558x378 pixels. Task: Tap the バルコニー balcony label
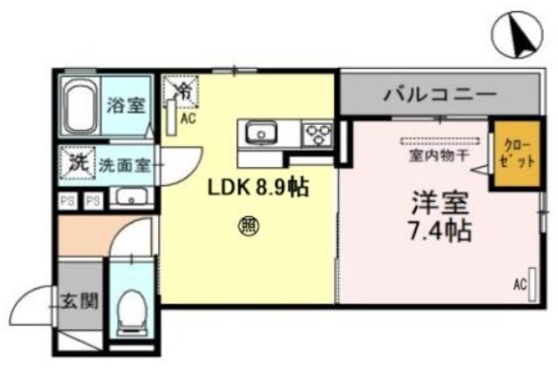click(x=439, y=93)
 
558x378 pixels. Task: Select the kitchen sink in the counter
click(x=260, y=134)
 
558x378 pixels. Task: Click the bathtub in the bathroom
click(x=81, y=106)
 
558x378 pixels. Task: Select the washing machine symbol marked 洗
click(x=77, y=162)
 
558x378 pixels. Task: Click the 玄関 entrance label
click(x=78, y=303)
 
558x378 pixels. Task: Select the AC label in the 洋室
click(x=520, y=284)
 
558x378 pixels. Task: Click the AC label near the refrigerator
click(x=187, y=113)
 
